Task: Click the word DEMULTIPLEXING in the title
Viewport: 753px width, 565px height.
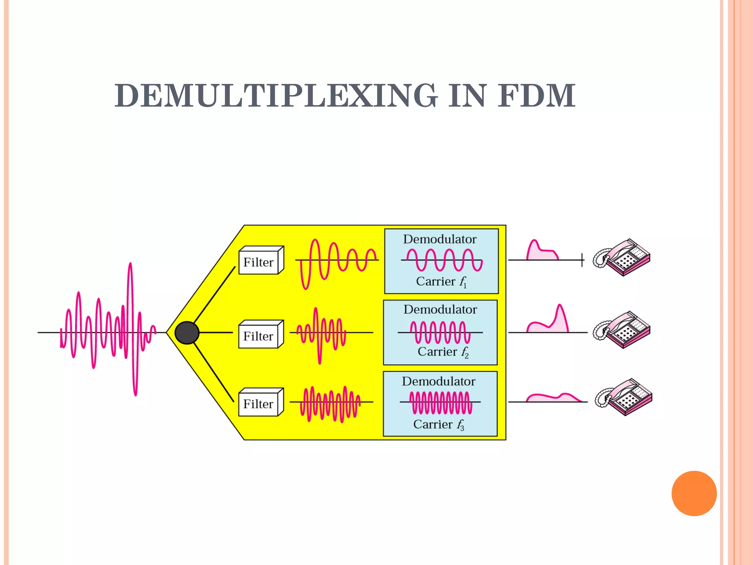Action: [x=276, y=96]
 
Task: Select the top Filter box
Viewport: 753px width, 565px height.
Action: [x=259, y=262]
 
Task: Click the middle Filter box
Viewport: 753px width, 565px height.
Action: [x=259, y=336]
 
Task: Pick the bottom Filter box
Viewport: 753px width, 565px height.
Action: [x=259, y=404]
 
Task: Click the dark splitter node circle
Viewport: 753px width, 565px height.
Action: [x=187, y=333]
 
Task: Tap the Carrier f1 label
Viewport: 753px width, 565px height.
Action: [x=441, y=282]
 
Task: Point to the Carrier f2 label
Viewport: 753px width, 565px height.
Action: [x=443, y=352]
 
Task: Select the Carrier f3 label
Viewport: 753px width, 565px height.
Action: [x=438, y=424]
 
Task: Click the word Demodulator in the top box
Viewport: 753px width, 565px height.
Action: [x=440, y=239]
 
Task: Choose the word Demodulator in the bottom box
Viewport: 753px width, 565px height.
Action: [x=438, y=381]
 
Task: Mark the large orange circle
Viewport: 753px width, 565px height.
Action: [x=694, y=493]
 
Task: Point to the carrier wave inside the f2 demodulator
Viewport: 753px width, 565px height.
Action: [x=440, y=332]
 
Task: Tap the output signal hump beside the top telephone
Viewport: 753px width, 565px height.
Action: [x=540, y=252]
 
